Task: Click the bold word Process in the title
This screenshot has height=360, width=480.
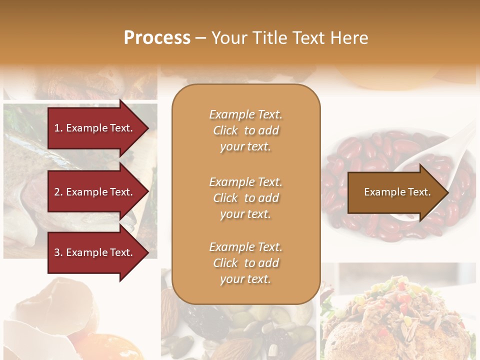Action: tap(157, 38)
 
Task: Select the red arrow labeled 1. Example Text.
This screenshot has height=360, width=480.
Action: tap(95, 128)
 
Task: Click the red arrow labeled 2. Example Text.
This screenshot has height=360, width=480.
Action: tap(95, 192)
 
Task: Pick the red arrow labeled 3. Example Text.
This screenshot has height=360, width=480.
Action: tap(95, 252)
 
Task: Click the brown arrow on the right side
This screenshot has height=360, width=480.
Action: tap(395, 192)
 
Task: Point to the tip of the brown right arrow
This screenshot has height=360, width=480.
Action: tap(447, 192)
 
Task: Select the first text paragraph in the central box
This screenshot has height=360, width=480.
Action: tap(245, 130)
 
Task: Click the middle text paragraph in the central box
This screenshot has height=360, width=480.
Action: tap(245, 198)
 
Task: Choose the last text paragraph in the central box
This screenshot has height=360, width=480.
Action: tap(245, 263)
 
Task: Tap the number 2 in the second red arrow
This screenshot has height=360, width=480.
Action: tap(57, 192)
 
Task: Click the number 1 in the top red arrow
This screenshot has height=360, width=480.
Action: tap(57, 128)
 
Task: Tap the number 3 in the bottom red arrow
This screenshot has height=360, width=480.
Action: tap(57, 252)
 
